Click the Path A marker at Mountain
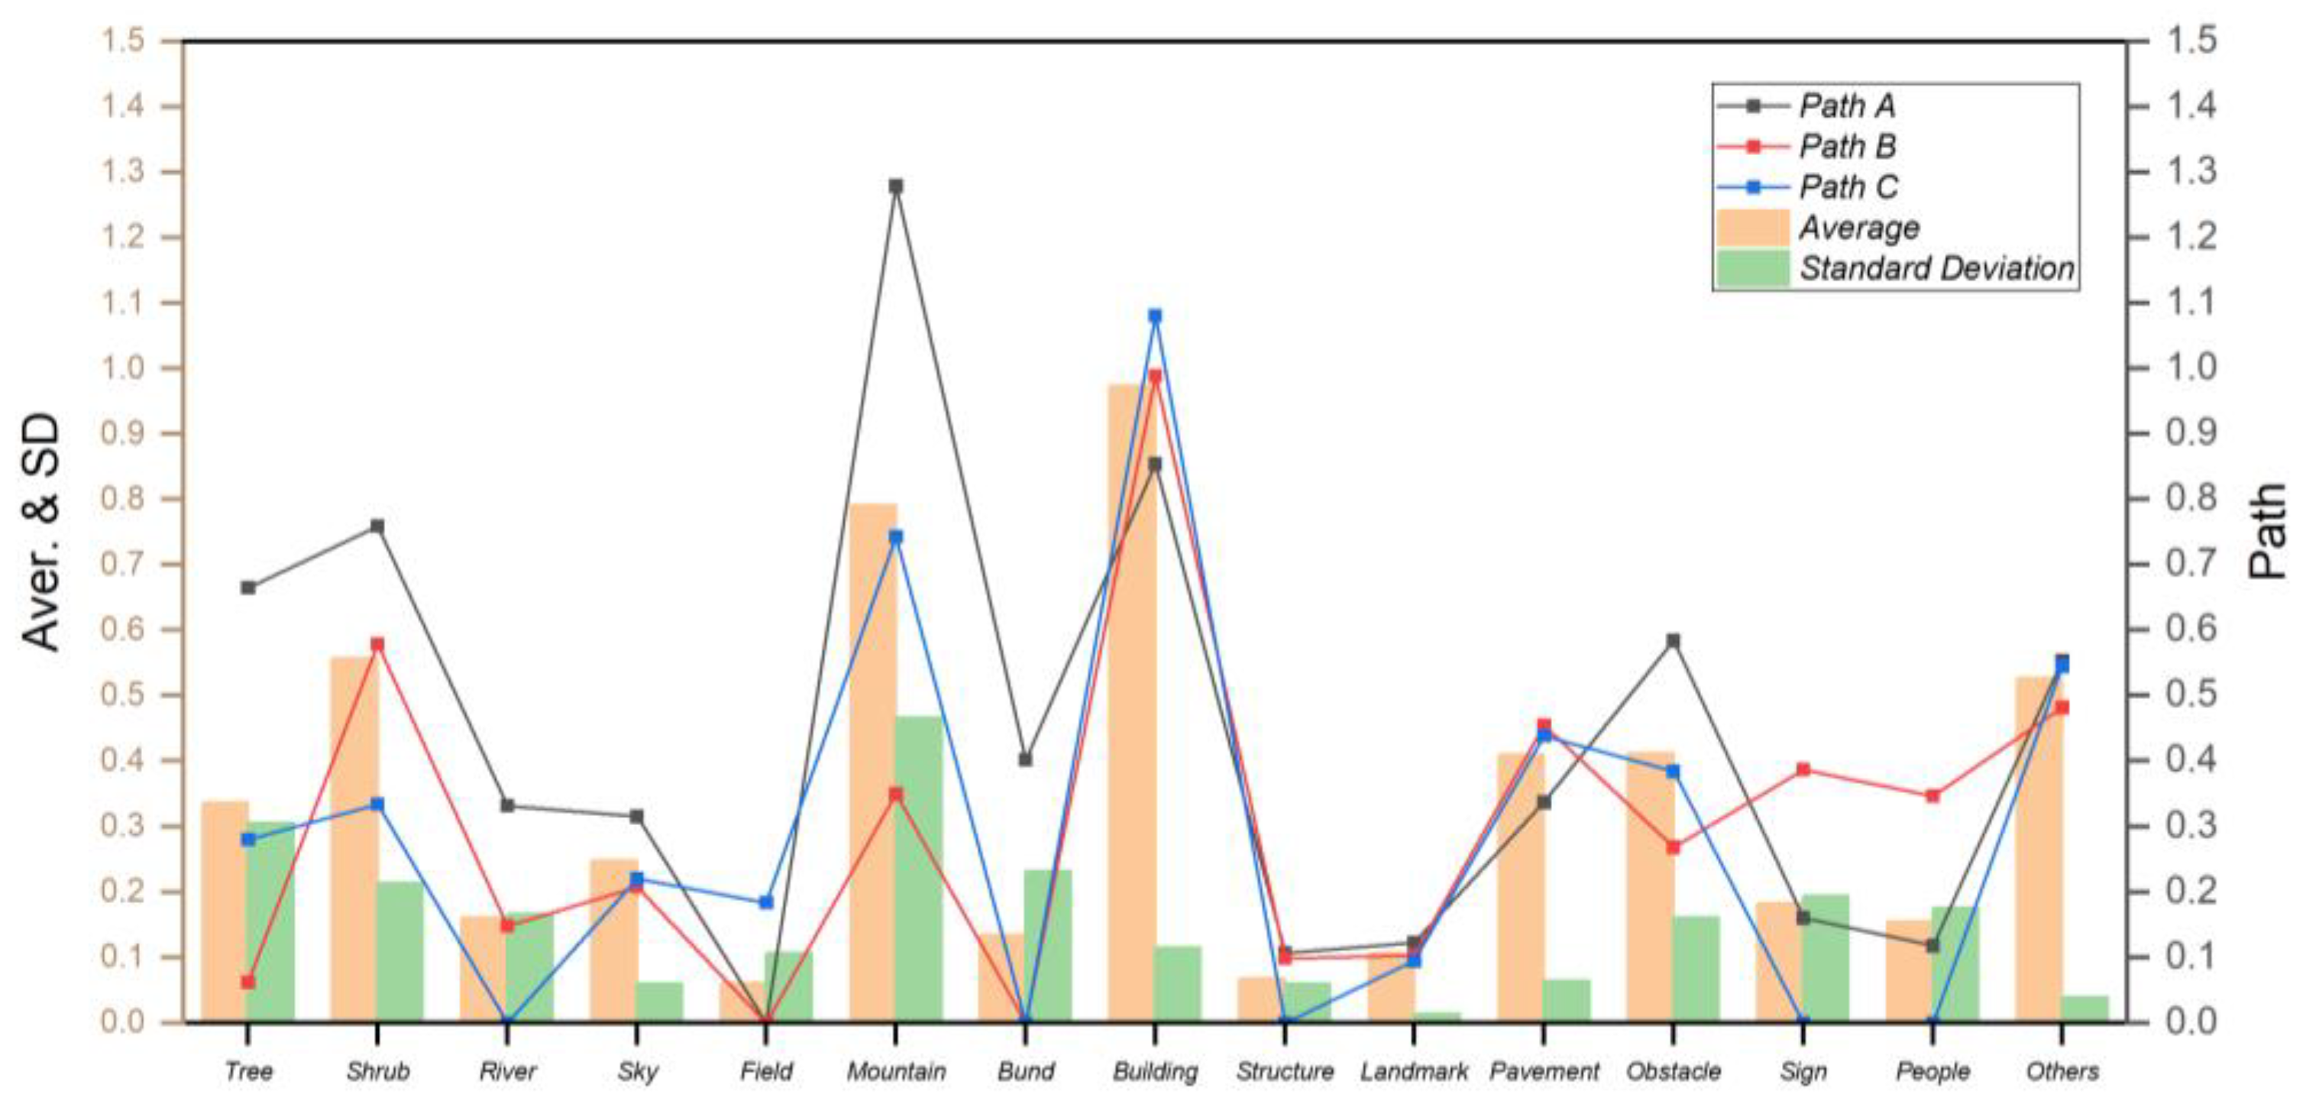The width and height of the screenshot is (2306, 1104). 895,186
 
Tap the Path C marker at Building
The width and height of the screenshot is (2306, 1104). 1154,316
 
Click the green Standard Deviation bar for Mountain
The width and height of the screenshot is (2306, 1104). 920,869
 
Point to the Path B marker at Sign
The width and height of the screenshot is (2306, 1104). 1803,769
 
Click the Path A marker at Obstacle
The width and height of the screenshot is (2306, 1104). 1673,640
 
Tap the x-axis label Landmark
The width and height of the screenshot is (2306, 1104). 1414,1071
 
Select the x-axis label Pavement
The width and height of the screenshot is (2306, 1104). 1544,1071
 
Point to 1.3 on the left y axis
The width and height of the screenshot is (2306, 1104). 125,172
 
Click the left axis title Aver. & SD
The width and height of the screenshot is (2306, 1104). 41,532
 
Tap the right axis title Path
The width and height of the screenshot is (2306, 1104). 2269,532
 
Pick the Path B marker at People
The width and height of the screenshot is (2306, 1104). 1932,795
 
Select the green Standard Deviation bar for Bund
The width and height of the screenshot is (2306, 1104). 1048,946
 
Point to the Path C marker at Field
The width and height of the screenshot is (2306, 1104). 765,902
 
